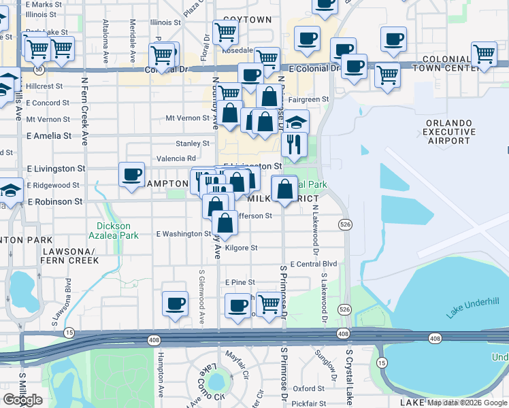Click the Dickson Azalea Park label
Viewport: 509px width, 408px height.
point(113,231)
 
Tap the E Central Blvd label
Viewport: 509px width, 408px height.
point(314,264)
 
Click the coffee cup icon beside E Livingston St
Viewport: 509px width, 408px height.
point(131,174)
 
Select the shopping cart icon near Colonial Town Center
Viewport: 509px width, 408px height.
point(483,54)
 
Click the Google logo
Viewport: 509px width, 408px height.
point(23,400)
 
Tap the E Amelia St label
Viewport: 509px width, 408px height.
point(48,136)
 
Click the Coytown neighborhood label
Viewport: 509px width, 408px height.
point(247,20)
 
